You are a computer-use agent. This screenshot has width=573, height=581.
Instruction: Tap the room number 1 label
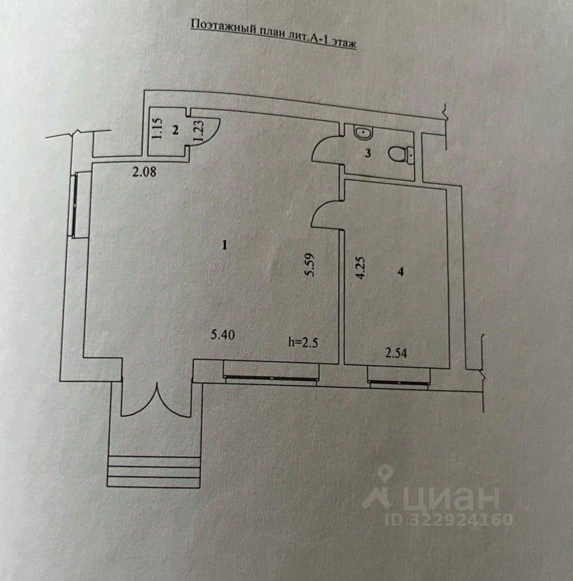pos(225,246)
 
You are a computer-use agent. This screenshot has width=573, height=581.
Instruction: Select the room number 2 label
pos(175,130)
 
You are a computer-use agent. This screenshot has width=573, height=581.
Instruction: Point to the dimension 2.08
pos(144,173)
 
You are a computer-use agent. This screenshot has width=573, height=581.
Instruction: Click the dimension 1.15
pos(156,130)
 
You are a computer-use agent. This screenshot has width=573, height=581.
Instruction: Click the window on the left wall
pos(79,205)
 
